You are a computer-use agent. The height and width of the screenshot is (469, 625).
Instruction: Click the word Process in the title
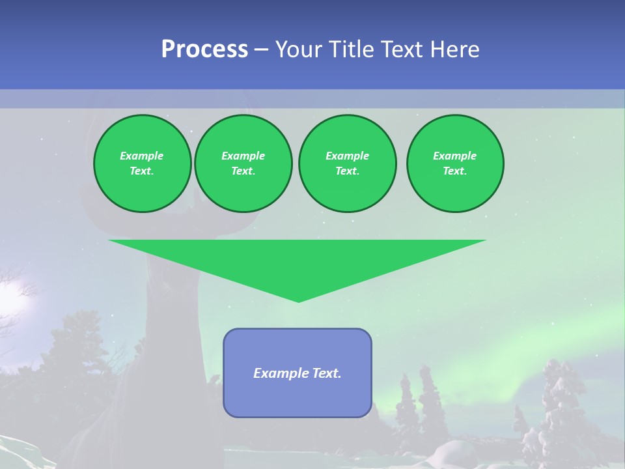(204, 50)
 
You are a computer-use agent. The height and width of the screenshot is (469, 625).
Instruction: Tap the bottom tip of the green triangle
(298, 300)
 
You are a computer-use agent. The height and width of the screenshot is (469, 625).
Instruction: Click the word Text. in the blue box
(326, 373)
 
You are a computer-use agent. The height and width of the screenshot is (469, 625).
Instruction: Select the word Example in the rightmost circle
(455, 156)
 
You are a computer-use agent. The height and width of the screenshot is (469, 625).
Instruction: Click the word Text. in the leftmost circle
(142, 171)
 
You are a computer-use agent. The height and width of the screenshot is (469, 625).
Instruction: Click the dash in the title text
(261, 50)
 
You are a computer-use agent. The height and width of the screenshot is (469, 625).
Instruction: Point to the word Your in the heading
(299, 50)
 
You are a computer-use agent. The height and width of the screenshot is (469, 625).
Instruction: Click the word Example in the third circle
(347, 156)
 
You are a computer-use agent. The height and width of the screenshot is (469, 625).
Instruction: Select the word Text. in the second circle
(243, 171)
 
